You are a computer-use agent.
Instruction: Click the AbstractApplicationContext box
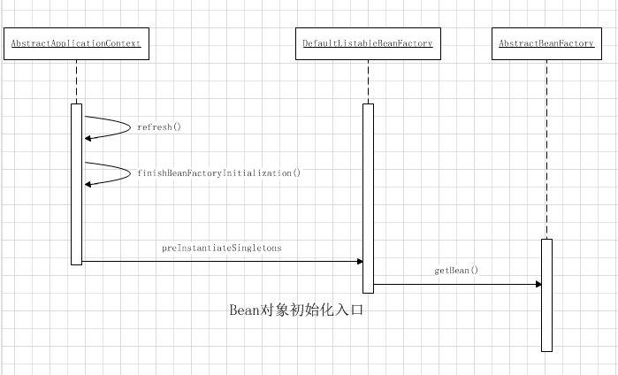pyautogui.click(x=76, y=43)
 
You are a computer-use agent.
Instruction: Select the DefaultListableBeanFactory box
pyautogui.click(x=368, y=43)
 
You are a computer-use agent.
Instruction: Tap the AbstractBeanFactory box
pyautogui.click(x=546, y=43)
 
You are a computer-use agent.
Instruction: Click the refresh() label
pyautogui.click(x=158, y=127)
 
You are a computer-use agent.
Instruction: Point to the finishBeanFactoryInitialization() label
pyautogui.click(x=218, y=173)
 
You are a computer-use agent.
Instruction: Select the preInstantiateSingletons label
pyautogui.click(x=221, y=249)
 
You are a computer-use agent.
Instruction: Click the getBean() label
pyautogui.click(x=456, y=270)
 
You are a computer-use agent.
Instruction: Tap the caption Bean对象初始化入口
pyautogui.click(x=296, y=310)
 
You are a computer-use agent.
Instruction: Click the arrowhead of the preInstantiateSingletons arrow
pyautogui.click(x=359, y=261)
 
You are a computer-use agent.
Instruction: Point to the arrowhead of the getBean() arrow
pyautogui.click(x=537, y=284)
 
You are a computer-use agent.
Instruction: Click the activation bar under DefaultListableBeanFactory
pyautogui.click(x=368, y=198)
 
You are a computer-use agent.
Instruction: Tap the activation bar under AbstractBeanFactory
pyautogui.click(x=546, y=295)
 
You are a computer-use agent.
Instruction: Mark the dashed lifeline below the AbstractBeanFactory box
pyautogui.click(x=546, y=150)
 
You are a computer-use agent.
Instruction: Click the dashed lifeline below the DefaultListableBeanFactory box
pyautogui.click(x=368, y=81)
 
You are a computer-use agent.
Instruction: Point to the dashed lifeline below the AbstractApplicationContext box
pyautogui.click(x=77, y=81)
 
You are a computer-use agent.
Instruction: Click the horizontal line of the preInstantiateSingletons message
pyautogui.click(x=221, y=261)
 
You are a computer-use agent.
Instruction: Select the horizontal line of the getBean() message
pyautogui.click(x=456, y=284)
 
